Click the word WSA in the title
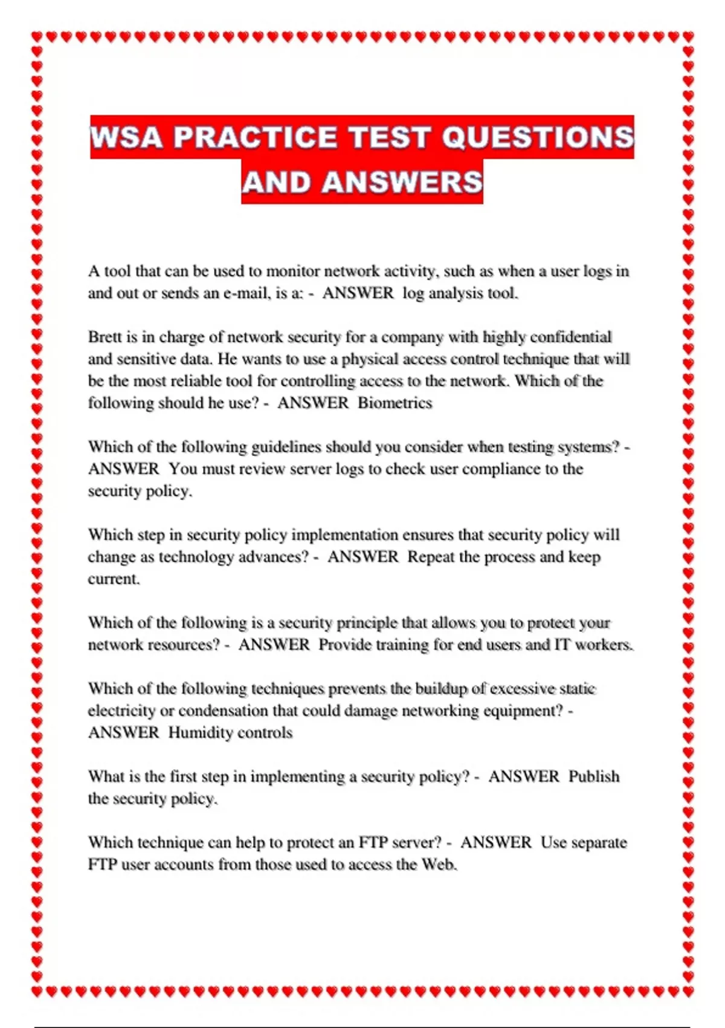(126, 137)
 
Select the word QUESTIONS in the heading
(538, 137)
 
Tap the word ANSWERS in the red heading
(402, 182)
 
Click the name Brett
(105, 337)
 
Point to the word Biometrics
(395, 403)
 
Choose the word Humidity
(197, 732)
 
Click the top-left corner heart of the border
(37, 37)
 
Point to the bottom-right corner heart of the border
(688, 991)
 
